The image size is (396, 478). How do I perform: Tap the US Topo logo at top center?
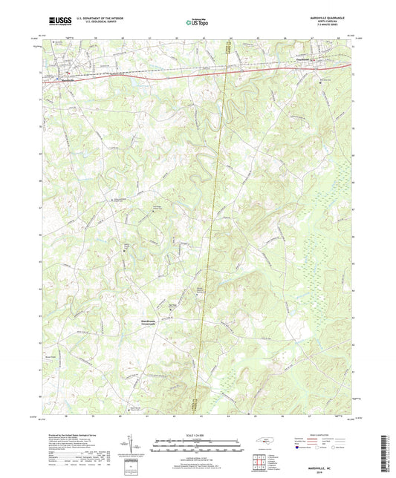click(195, 23)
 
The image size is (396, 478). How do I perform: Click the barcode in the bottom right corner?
click(382, 453)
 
